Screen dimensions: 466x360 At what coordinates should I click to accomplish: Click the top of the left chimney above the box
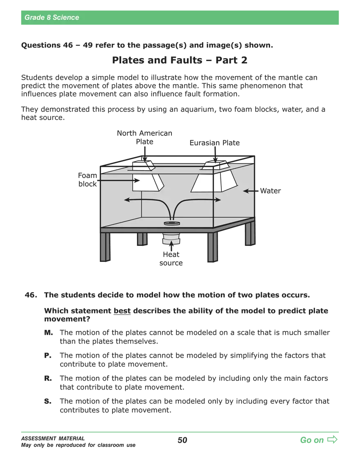[142, 165]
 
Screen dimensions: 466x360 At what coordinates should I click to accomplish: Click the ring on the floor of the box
[172, 223]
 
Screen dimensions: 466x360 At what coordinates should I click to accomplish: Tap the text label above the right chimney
[214, 143]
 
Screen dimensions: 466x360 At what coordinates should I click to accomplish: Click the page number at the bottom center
[184, 441]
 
